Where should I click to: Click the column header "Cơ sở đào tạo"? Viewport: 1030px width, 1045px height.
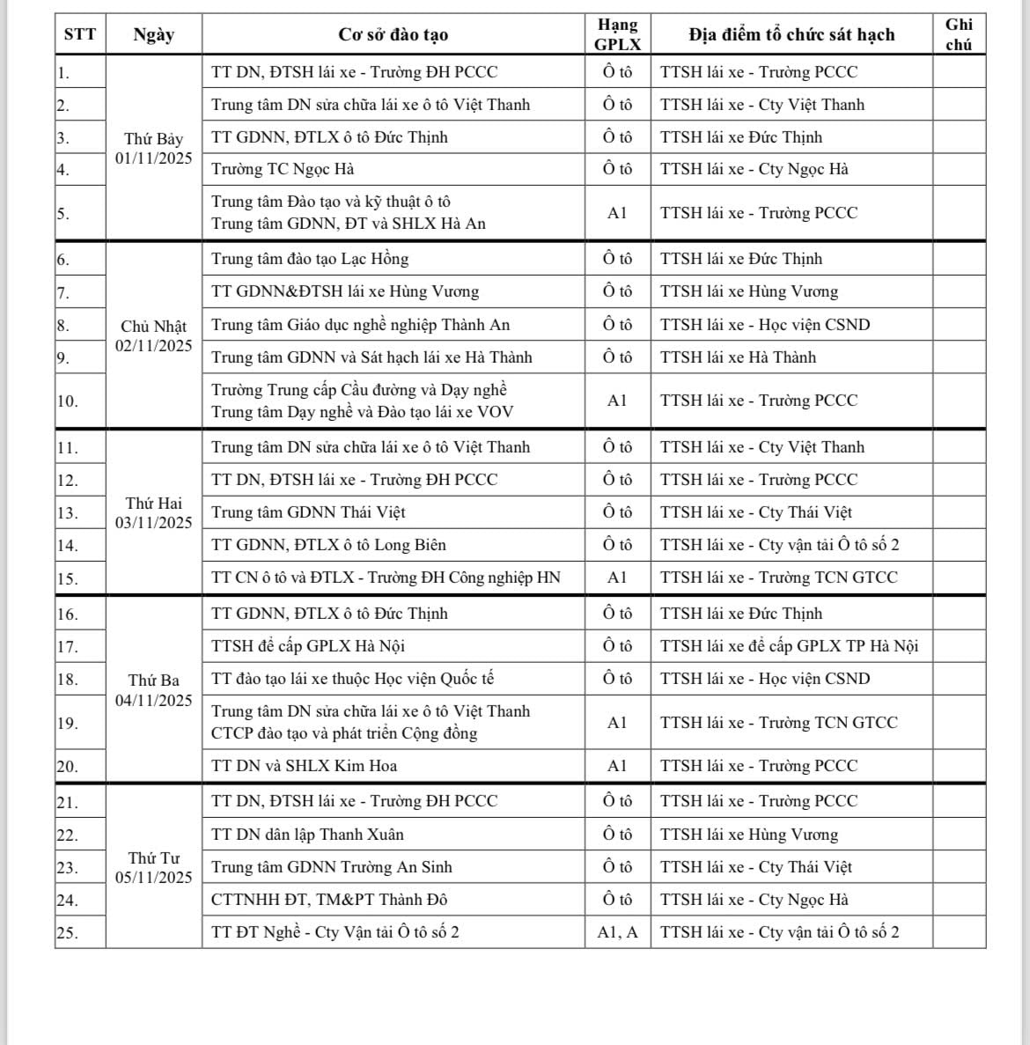pos(393,35)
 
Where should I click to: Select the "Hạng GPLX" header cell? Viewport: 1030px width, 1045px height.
pos(617,34)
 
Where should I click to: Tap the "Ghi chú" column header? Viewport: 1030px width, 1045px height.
pos(959,34)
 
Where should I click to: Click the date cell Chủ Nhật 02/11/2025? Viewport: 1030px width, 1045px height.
pos(153,335)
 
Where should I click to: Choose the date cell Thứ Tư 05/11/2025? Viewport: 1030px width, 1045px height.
pos(153,867)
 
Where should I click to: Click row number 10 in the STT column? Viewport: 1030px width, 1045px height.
pos(68,401)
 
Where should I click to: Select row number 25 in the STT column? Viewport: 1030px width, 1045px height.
pos(68,933)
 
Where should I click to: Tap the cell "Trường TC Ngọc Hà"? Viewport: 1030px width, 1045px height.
pos(283,169)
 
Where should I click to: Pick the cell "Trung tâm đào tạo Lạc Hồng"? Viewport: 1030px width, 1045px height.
pos(310,259)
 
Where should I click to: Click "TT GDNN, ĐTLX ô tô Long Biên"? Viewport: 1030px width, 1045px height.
pos(328,545)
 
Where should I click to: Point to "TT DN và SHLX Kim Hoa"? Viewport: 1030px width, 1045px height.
pos(304,766)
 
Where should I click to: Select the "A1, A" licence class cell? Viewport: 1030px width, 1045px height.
pos(617,932)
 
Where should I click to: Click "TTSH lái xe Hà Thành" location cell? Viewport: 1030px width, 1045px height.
pos(738,357)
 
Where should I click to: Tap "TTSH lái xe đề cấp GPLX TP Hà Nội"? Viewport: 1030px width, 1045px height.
pos(789,646)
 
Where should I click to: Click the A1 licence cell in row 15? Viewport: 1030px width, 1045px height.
pos(617,578)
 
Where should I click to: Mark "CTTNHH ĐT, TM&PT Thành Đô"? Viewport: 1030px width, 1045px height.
pos(329,900)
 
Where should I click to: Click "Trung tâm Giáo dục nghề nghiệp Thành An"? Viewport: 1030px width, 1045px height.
pos(360,325)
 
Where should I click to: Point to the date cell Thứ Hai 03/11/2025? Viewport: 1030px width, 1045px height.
pos(153,512)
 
